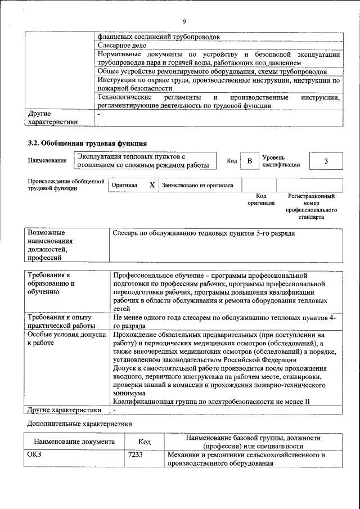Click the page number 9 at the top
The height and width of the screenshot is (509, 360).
(183, 22)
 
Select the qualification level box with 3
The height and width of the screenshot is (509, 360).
(326, 161)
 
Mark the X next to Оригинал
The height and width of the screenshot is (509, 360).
(151, 184)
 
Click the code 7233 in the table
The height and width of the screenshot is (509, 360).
(136, 455)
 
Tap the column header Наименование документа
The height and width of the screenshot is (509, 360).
(74, 443)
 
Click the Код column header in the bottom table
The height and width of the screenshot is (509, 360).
(145, 443)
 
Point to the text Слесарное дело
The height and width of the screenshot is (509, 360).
(122, 46)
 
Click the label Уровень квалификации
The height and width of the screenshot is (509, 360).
(280, 161)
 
